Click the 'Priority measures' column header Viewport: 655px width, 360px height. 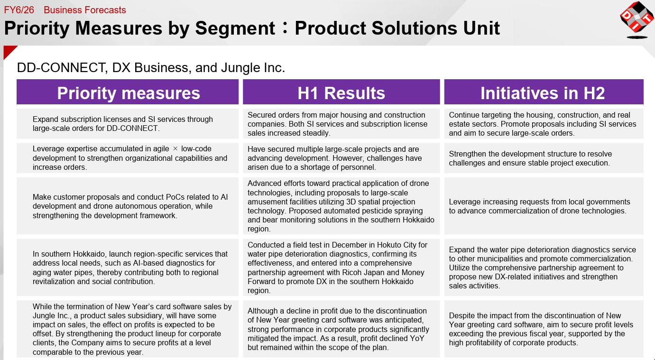pyautogui.click(x=129, y=93)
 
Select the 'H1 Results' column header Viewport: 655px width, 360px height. pyautogui.click(x=341, y=93)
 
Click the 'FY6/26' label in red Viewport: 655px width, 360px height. pyautogui.click(x=19, y=10)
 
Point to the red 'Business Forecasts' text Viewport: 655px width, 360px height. pyautogui.click(x=85, y=10)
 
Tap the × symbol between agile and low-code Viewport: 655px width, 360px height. pyautogui.click(x=175, y=149)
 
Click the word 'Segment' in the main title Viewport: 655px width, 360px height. pyautogui.click(x=235, y=28)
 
